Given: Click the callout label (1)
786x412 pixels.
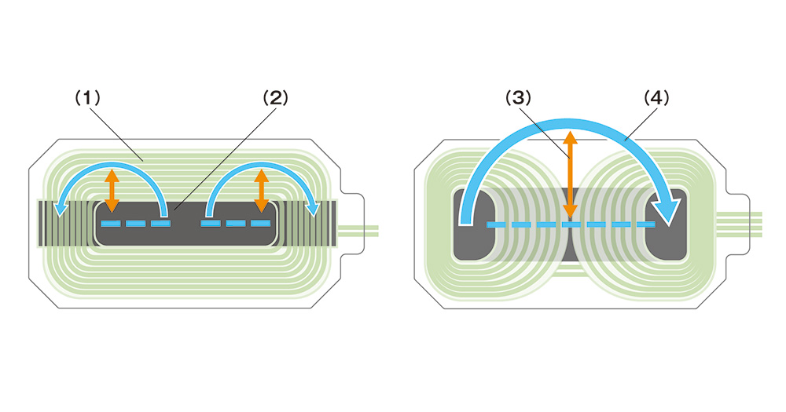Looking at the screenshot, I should point(88,98).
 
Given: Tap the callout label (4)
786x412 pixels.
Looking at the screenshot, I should point(655,98).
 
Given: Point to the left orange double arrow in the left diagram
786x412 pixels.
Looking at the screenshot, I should point(112,189).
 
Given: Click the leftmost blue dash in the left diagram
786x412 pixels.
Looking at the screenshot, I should point(111,224).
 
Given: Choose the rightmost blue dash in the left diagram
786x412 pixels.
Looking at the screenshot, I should point(260,224).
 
